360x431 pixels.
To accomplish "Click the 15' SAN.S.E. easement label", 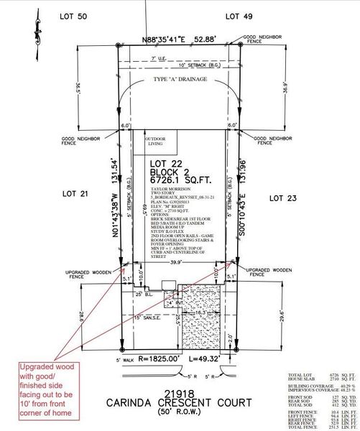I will pyautogui.click(x=144, y=317).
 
